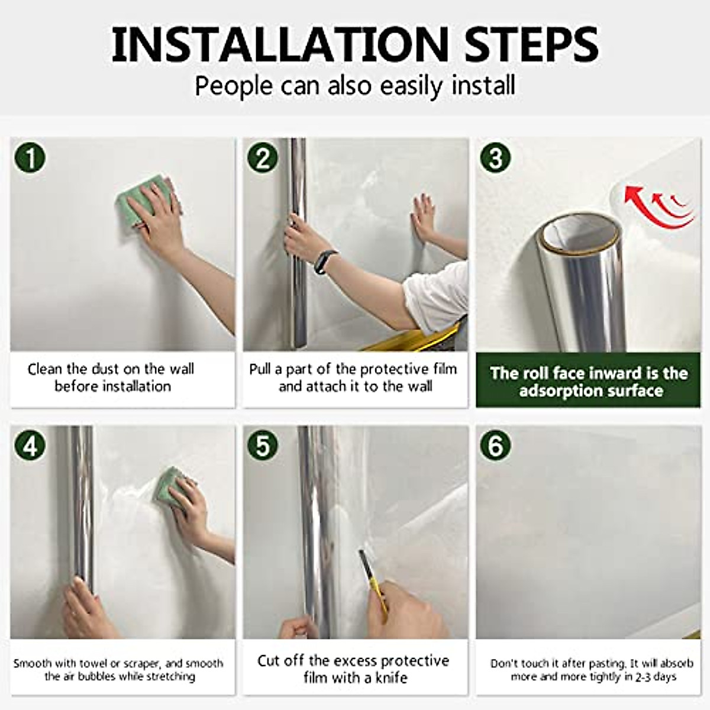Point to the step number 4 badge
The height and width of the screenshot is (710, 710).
coord(31,445)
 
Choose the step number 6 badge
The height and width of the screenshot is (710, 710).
coord(495,445)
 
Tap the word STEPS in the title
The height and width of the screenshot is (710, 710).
coord(526,43)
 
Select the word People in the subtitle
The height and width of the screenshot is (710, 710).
coord(234,85)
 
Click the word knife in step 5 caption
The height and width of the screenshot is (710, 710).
coord(388,677)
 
